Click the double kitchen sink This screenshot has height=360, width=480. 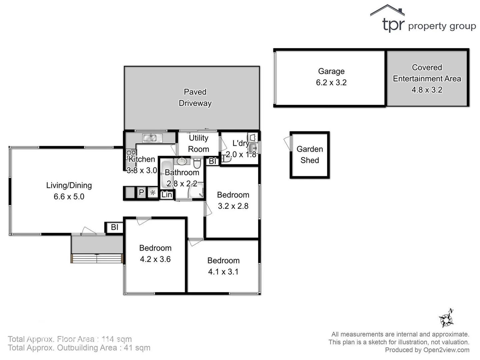[152, 138]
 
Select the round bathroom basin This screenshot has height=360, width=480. [182, 162]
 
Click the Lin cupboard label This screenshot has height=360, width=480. [167, 195]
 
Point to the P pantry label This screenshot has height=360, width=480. [141, 192]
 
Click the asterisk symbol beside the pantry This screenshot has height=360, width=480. [153, 193]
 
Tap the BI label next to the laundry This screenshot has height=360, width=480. [212, 161]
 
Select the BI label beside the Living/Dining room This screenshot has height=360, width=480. [114, 227]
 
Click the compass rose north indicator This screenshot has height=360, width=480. [446, 319]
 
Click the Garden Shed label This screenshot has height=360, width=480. [310, 155]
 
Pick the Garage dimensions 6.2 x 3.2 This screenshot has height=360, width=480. [331, 83]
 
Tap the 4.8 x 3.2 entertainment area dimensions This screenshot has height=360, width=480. [427, 90]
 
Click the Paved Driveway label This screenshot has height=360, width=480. [195, 97]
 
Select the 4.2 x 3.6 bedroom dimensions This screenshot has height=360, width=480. [155, 259]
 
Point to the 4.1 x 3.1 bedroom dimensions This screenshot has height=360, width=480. [223, 272]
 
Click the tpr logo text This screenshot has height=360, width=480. [393, 25]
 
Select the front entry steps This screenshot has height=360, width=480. [97, 258]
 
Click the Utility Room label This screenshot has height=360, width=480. [198, 143]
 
